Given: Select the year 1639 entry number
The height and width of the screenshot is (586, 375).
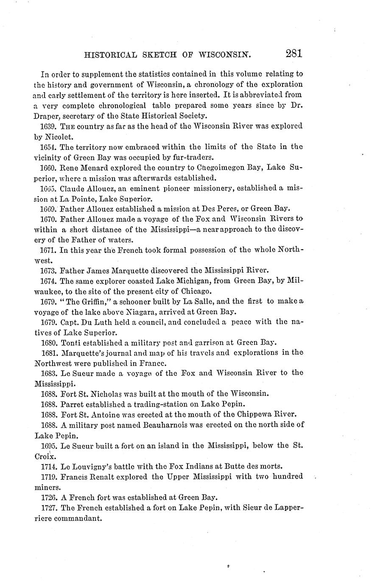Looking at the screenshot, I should [x=49, y=126].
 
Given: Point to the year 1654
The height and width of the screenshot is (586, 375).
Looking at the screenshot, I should [x=49, y=146].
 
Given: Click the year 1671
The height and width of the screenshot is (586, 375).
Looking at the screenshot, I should [x=49, y=250].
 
